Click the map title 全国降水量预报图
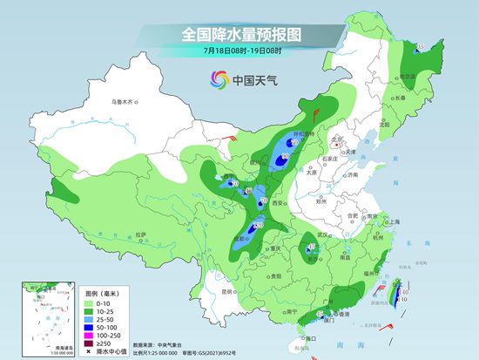[239, 34]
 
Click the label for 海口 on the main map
[304, 337]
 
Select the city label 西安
[278, 202]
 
